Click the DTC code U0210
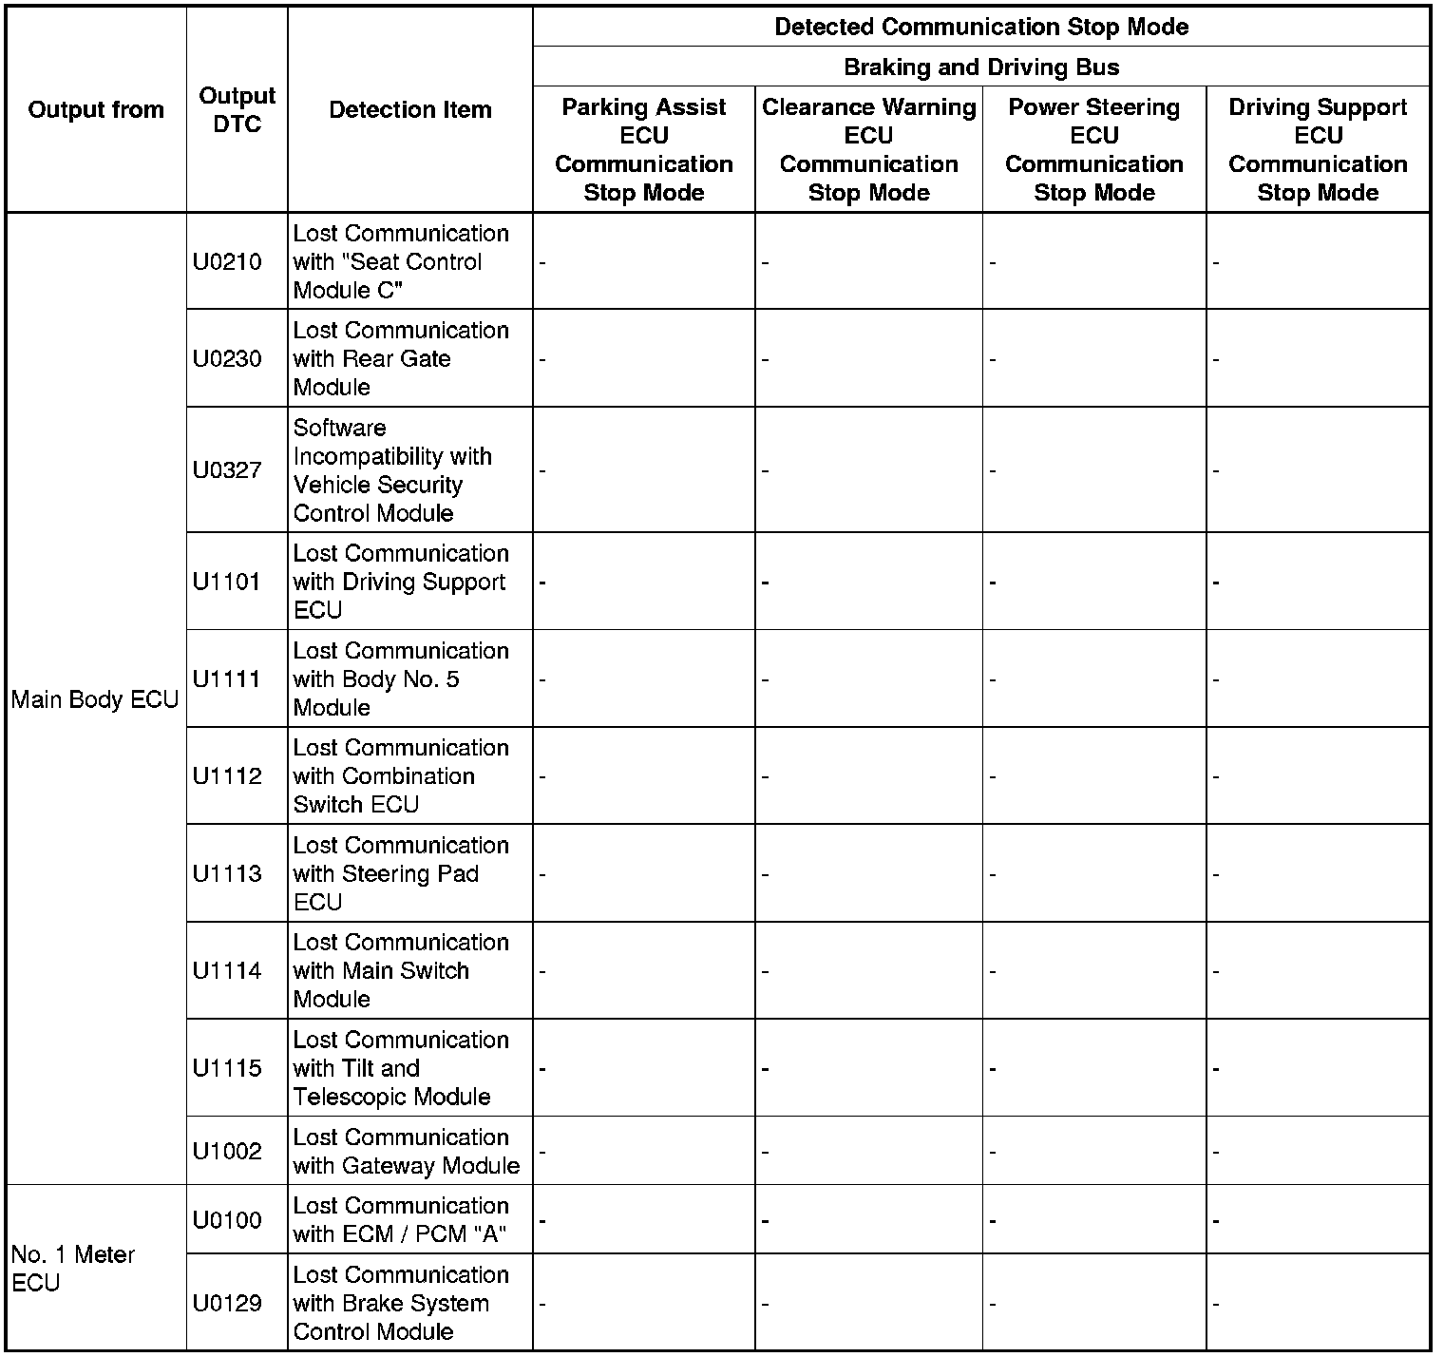click(227, 261)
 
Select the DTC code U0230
click(227, 358)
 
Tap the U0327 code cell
click(227, 469)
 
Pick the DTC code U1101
click(227, 582)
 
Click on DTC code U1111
click(227, 678)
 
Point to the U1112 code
click(227, 775)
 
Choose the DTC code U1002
click(227, 1151)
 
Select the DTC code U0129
click(227, 1303)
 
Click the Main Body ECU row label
click(95, 699)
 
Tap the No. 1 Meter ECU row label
click(73, 1268)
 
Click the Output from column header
click(96, 109)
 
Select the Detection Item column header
click(410, 109)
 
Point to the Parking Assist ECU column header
click(644, 149)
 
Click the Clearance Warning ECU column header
click(868, 149)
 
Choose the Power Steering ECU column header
click(1094, 149)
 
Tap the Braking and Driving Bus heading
click(981, 67)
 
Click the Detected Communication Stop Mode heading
click(981, 27)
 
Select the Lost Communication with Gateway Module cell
click(407, 1151)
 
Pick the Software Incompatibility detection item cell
click(392, 469)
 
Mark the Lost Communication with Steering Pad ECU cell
click(401, 873)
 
